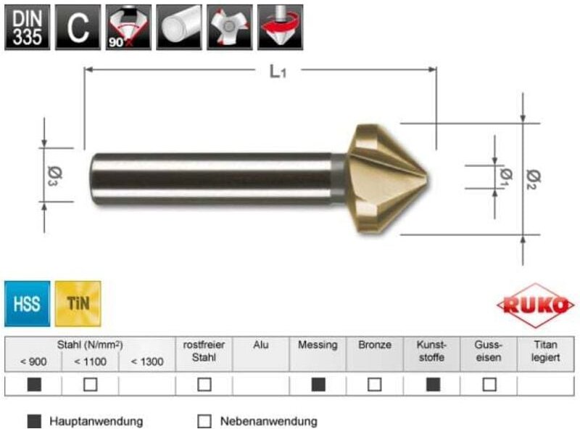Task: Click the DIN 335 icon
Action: [28, 27]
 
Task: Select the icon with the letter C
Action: [78, 27]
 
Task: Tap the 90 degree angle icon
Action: [128, 27]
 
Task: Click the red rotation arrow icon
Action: [281, 27]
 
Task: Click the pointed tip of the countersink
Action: [428, 178]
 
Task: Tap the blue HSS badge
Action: [28, 303]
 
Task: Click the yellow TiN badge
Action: [78, 303]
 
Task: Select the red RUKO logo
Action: [536, 306]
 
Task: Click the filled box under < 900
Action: [33, 385]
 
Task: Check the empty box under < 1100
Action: [90, 385]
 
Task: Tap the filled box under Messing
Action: [318, 385]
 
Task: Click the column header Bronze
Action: [374, 346]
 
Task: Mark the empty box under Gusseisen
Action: [489, 385]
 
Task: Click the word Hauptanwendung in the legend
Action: [96, 421]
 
